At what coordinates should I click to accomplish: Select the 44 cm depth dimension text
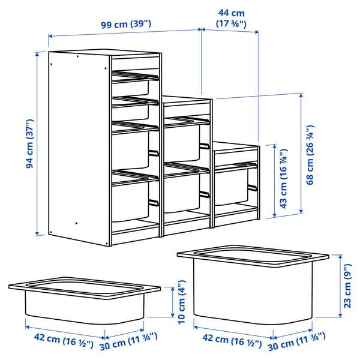(x=230, y=18)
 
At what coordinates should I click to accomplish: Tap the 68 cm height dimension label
(x=310, y=155)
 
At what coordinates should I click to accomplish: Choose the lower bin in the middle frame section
(x=182, y=192)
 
